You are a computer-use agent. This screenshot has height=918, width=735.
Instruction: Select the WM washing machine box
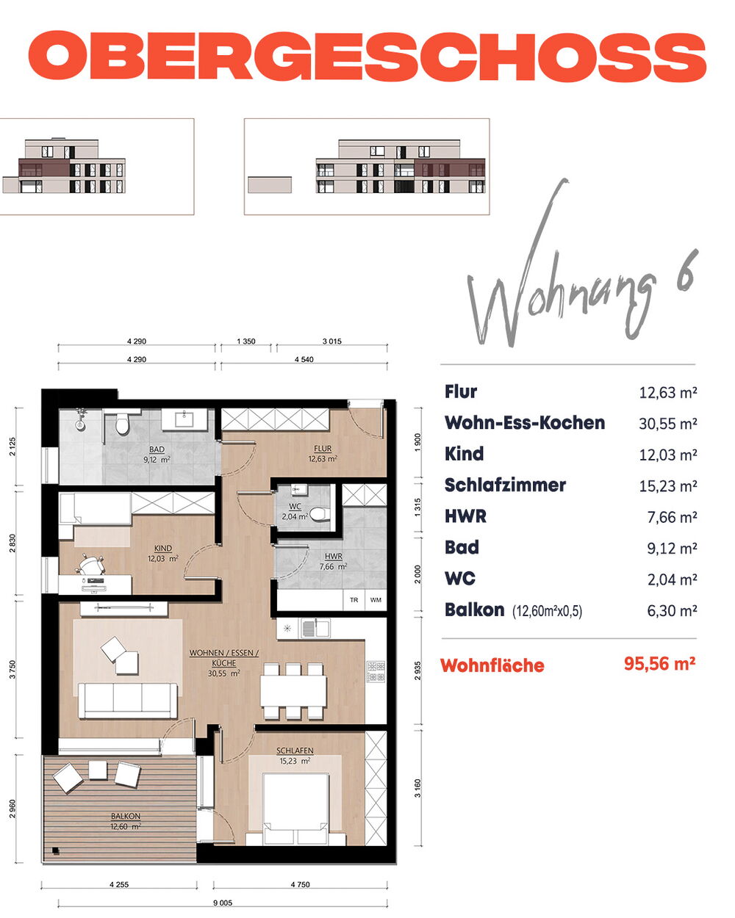tap(376, 599)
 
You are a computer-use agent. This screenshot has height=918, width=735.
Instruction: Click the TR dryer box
tap(354, 599)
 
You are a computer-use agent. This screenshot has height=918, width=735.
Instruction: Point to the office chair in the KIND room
tap(90, 565)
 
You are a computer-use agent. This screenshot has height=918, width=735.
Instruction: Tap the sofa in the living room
tap(127, 701)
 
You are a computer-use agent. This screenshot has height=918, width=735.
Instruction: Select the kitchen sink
tap(315, 628)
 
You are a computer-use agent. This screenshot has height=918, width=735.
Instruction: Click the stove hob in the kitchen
tap(376, 671)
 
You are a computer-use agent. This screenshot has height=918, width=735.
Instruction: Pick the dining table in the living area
tap(293, 690)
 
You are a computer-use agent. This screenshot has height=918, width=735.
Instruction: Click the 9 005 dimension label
tap(223, 903)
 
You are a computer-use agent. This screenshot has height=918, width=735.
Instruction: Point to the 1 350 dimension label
tap(246, 341)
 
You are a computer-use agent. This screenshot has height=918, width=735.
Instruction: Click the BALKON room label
tap(126, 816)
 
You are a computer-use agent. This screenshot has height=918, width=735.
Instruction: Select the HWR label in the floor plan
tap(333, 556)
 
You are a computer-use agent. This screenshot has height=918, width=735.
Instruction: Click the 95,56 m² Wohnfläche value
tap(659, 663)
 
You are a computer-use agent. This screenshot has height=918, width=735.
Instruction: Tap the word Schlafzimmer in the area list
tap(505, 485)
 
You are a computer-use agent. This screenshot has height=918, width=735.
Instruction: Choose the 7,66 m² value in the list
tap(672, 517)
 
